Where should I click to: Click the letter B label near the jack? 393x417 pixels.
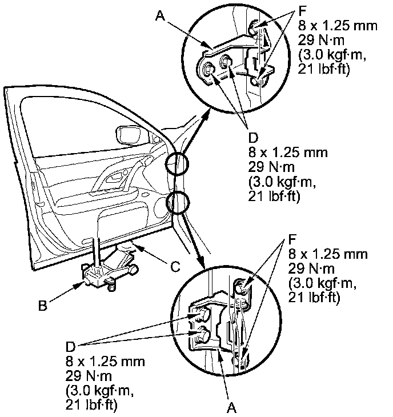point(43,306)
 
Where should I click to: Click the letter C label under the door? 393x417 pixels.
point(175,266)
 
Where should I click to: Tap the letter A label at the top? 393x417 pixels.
point(160,16)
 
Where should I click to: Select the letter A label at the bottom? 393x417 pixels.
point(231,407)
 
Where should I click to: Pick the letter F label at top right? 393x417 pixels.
point(302,11)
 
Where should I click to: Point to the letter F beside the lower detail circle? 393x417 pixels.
point(292,239)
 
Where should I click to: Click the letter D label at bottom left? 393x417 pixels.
point(71,347)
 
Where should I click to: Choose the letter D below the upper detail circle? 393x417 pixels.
point(254,138)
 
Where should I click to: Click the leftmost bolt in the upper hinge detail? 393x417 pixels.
point(208,69)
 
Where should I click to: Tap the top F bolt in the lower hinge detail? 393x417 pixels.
point(241,287)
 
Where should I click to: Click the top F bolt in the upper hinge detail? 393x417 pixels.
point(254,27)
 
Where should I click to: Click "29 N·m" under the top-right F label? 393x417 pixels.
point(321,41)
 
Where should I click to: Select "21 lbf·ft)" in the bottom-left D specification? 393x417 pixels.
point(91,405)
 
